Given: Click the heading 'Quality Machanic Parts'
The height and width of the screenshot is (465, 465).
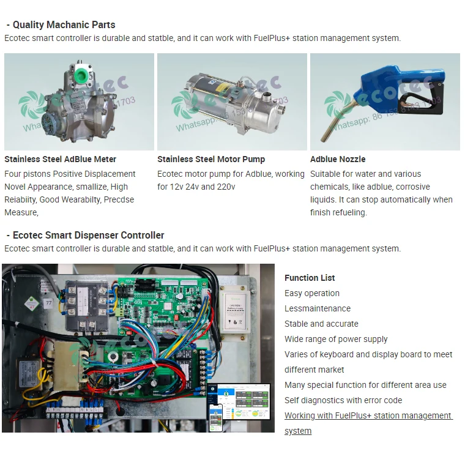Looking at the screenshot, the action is pyautogui.click(x=64, y=25).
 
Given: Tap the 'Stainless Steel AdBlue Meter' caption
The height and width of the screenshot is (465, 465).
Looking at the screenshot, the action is pyautogui.click(x=60, y=160).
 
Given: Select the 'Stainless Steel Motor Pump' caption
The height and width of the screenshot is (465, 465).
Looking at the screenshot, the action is pyautogui.click(x=211, y=160).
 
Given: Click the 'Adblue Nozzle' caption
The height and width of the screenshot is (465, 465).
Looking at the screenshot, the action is pyautogui.click(x=338, y=160).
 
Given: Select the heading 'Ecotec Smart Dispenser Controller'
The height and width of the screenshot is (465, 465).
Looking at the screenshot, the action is pyautogui.click(x=88, y=236).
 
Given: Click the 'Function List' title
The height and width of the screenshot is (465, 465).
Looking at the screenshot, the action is pyautogui.click(x=310, y=278).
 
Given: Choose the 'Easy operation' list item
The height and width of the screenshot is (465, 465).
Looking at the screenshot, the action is pyautogui.click(x=312, y=293).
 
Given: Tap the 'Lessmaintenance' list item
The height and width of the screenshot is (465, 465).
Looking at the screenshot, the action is pyautogui.click(x=318, y=308).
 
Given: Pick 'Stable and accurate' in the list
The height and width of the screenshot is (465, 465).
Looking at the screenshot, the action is pyautogui.click(x=321, y=324).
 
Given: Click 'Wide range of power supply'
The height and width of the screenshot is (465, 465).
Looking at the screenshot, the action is pyautogui.click(x=336, y=339).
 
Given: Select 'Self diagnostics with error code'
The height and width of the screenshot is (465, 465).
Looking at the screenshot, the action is pyautogui.click(x=343, y=400).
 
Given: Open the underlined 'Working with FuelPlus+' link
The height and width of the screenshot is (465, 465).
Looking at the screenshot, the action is pyautogui.click(x=368, y=415).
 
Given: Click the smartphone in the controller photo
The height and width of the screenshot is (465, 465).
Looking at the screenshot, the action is pyautogui.click(x=215, y=417).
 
